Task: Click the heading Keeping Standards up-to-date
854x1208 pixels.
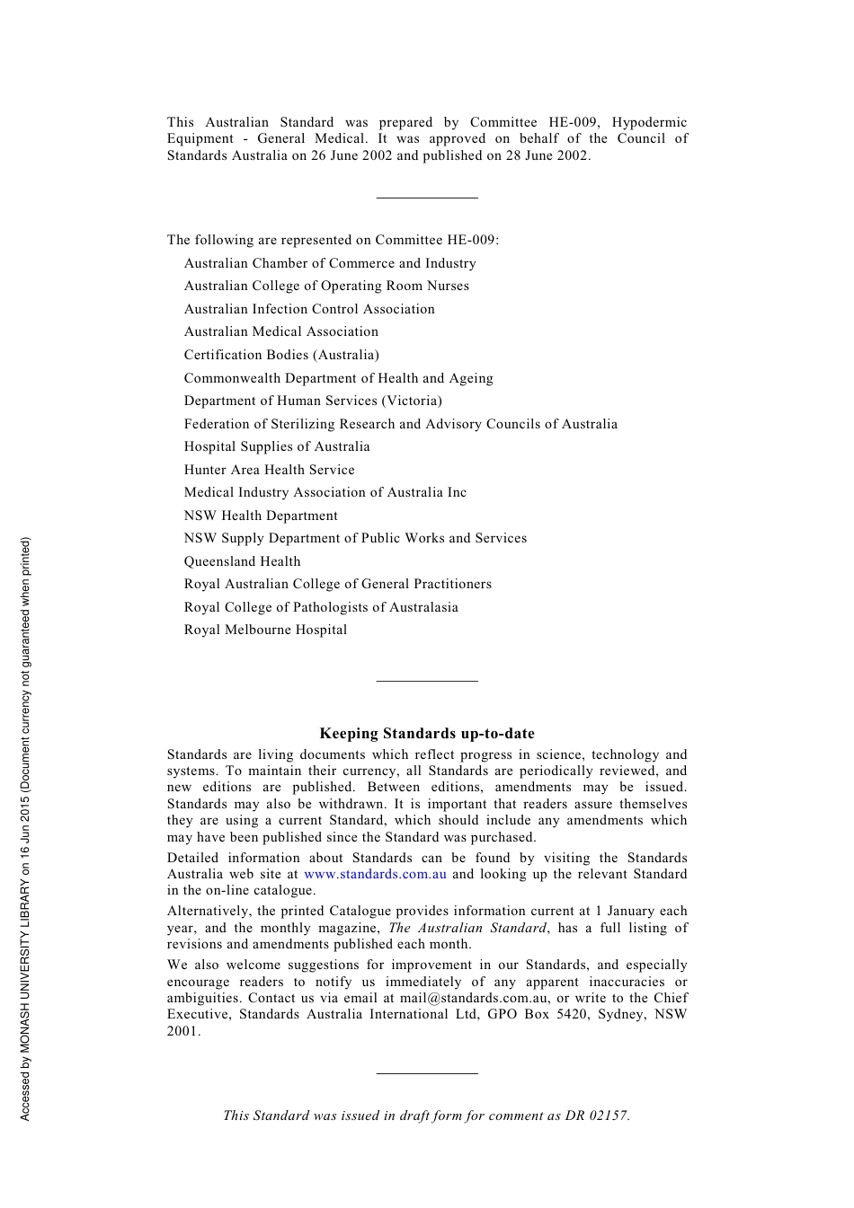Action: point(427,734)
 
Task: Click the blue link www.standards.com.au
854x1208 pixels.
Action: point(375,874)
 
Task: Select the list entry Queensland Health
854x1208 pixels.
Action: point(242,561)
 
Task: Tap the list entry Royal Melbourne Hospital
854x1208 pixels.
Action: point(265,630)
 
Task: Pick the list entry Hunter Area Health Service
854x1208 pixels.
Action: point(269,470)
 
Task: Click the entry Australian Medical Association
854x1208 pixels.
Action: point(280,331)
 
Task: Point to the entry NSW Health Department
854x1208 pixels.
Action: point(261,516)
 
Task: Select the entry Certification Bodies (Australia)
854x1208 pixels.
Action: point(281,355)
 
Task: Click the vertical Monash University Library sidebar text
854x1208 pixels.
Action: point(25,828)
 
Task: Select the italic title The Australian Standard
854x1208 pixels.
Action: point(467,928)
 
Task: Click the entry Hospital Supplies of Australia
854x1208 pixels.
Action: point(277,446)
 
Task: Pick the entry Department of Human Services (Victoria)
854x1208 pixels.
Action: point(313,401)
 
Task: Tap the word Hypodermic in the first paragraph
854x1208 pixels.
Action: point(649,122)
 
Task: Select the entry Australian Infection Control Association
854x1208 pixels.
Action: point(309,309)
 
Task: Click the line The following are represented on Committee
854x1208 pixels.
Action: point(333,240)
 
